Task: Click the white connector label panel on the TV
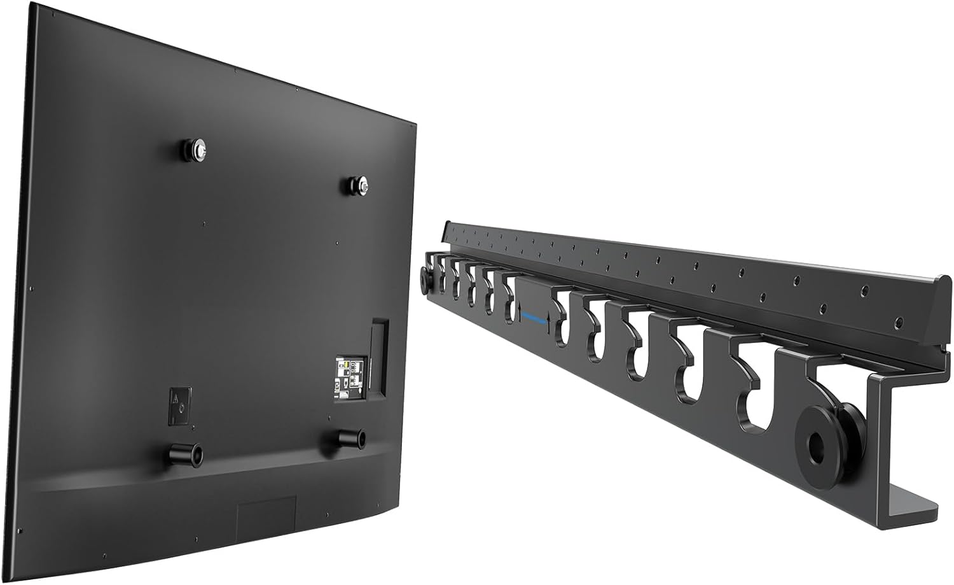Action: (x=350, y=379)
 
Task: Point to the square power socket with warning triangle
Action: (x=179, y=405)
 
